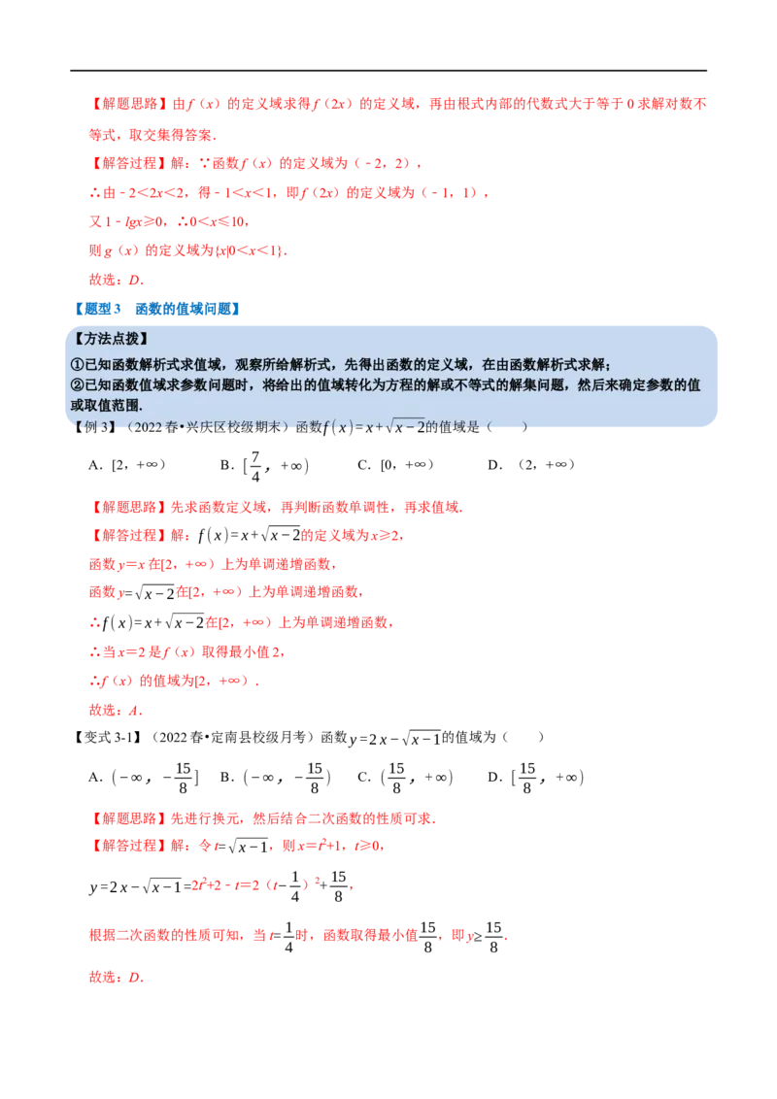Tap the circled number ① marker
[x=78, y=365]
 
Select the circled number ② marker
[x=78, y=385]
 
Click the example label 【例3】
[x=95, y=426]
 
